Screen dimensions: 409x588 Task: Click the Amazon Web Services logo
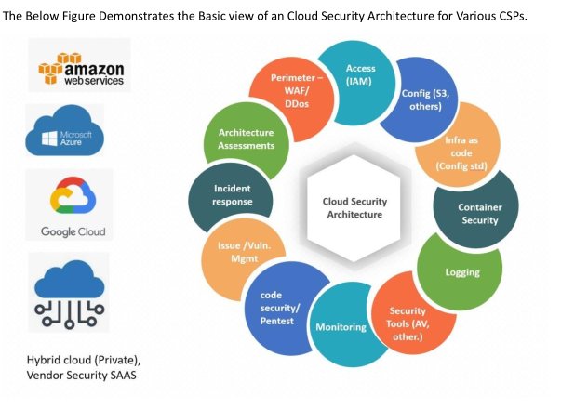(79, 67)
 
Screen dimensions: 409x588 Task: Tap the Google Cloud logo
(72, 204)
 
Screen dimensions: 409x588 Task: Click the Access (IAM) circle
(360, 75)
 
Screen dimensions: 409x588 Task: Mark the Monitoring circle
(341, 326)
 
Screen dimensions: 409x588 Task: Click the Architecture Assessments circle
(240, 139)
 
